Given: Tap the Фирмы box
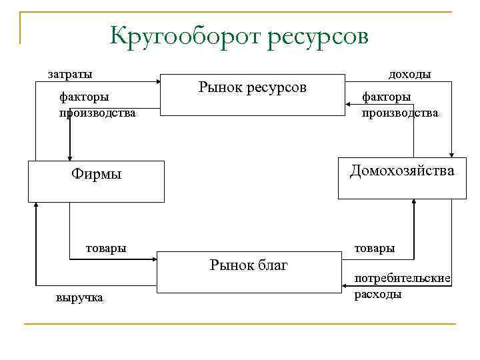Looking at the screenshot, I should tap(96, 181).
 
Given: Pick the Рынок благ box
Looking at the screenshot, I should tap(248, 271).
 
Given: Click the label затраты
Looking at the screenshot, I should tap(69, 73).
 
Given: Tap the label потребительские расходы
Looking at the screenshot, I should tap(402, 285).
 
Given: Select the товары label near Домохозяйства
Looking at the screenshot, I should tap(374, 248).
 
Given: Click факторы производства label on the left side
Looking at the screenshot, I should tap(97, 105).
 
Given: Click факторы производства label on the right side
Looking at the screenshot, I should tap(399, 105).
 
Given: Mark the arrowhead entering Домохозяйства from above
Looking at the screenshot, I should tap(453, 155).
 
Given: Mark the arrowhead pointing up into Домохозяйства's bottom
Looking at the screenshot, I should tap(414, 203).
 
